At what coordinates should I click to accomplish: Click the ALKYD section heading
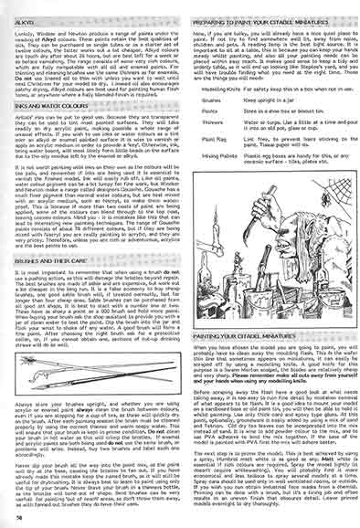point(29,16)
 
